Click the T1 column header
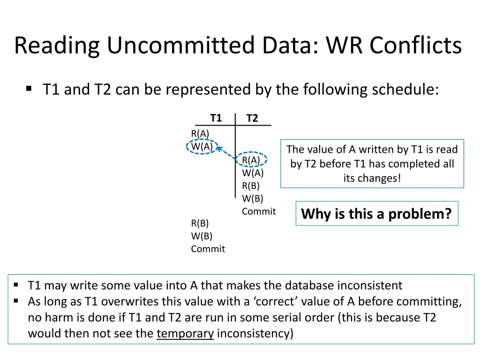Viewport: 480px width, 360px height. [216, 118]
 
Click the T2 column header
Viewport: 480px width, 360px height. [252, 118]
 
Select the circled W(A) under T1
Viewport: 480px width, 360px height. [202, 146]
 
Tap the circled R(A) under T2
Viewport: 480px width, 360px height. [251, 160]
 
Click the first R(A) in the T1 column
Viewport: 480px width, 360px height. [200, 134]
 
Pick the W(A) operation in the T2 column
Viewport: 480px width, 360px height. [253, 173]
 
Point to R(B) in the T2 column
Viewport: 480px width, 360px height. [251, 186]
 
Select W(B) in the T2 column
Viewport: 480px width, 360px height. [253, 198]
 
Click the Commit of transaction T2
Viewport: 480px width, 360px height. [259, 211]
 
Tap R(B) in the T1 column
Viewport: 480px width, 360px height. [200, 223]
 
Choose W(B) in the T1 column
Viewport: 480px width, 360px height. [202, 236]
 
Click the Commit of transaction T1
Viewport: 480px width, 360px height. [208, 249]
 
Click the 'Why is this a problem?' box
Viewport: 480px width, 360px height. [376, 214]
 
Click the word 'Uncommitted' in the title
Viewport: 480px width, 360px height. [181, 45]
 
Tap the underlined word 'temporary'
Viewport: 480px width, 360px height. [185, 334]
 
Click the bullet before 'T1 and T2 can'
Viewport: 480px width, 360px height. [29, 88]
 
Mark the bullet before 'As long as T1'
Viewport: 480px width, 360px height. [16, 301]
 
